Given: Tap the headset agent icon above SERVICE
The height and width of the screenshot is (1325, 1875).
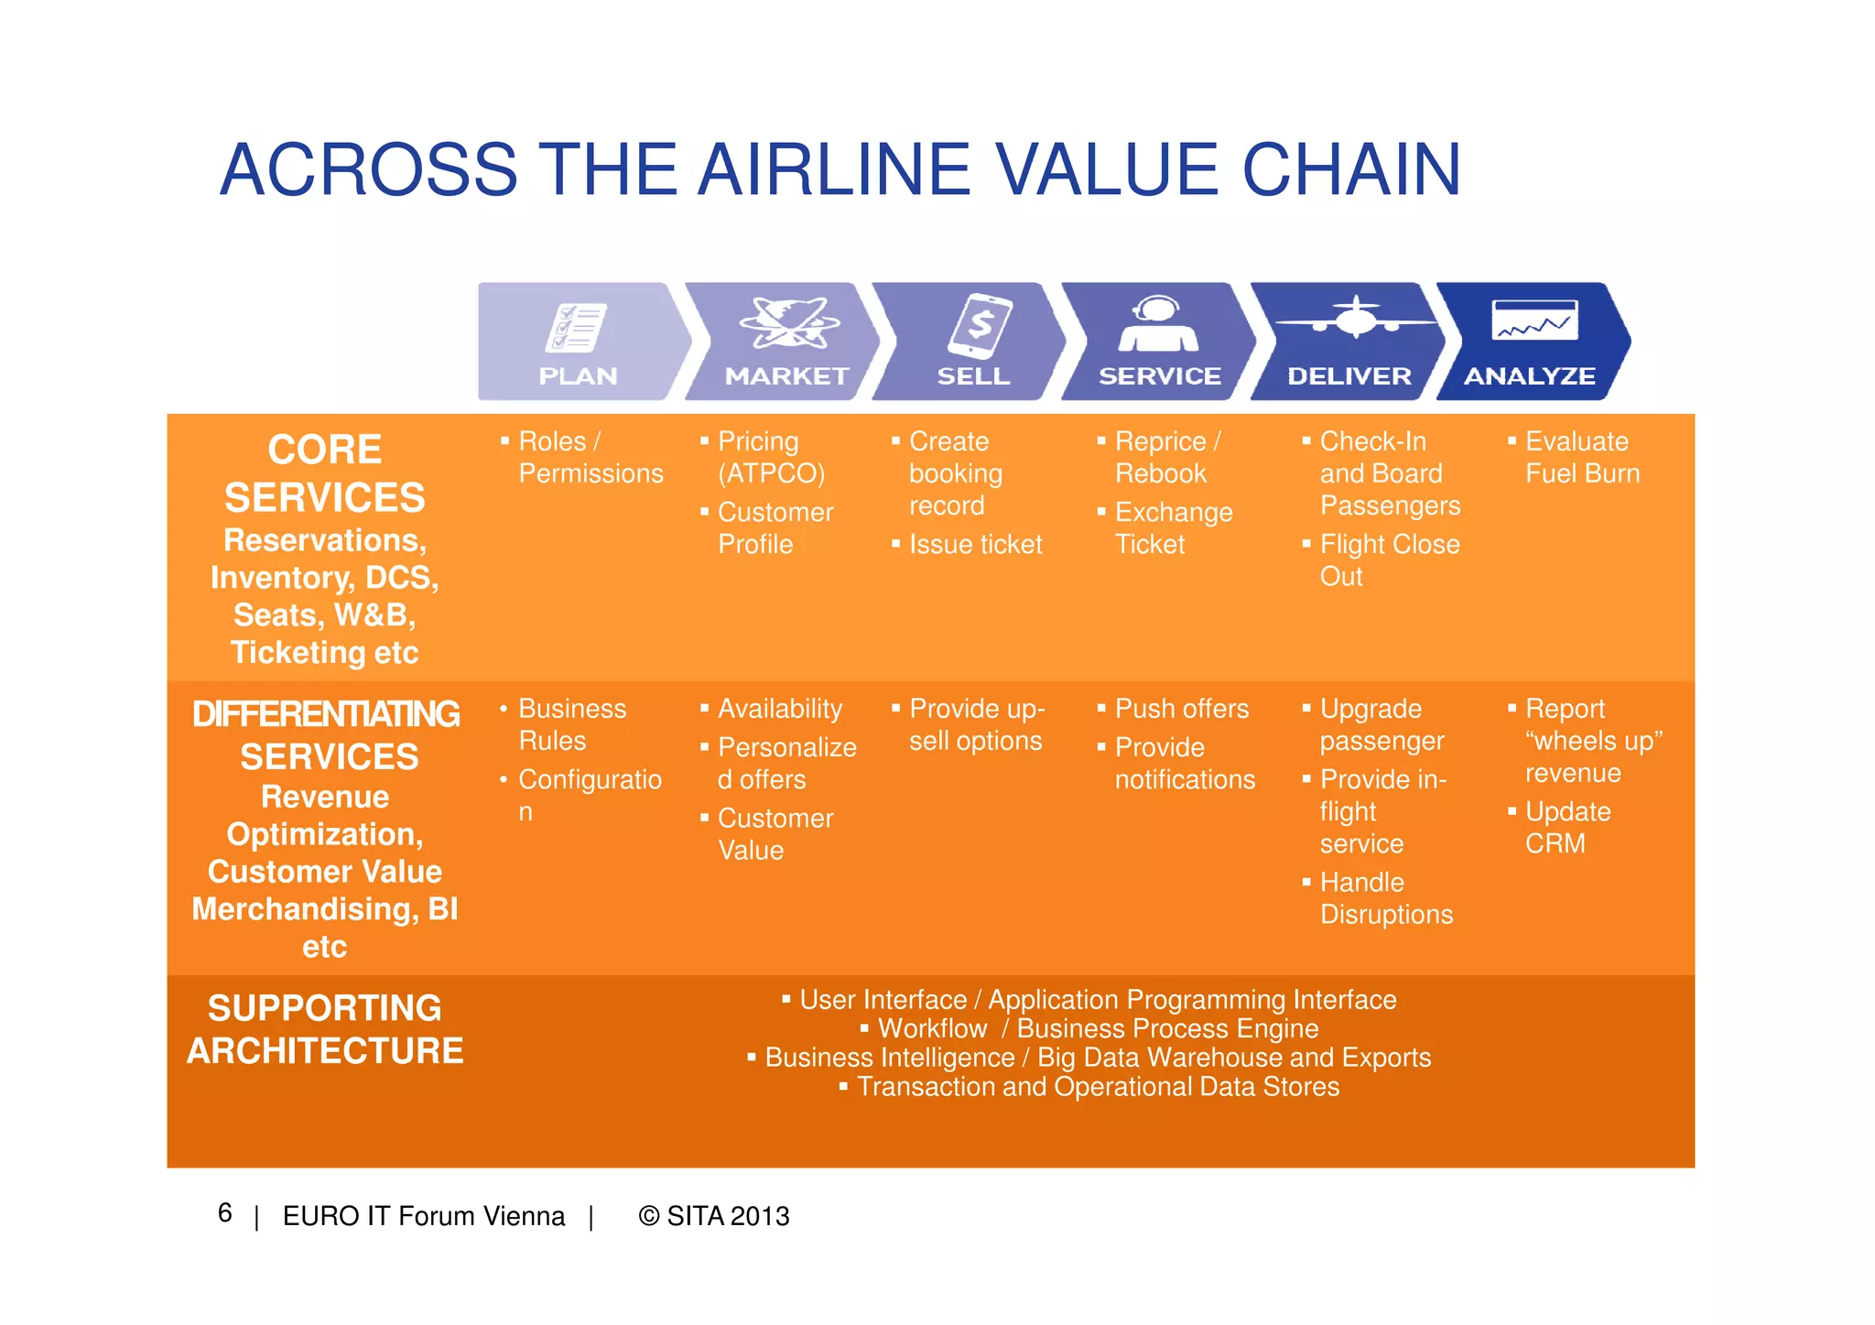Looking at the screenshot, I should pyautogui.click(x=1158, y=324).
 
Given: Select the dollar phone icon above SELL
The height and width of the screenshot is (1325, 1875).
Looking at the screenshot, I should pyautogui.click(x=980, y=326).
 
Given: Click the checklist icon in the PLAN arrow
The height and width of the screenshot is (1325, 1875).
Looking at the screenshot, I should pyautogui.click(x=576, y=328).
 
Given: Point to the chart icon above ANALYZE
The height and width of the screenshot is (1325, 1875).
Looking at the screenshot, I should pyautogui.click(x=1534, y=321).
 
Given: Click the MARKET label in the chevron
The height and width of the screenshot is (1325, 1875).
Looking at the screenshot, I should pyautogui.click(x=786, y=376).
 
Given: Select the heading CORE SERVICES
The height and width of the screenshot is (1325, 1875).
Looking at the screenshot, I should pyautogui.click(x=325, y=474).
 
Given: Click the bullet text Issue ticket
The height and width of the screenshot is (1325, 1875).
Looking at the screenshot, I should pyautogui.click(x=975, y=545).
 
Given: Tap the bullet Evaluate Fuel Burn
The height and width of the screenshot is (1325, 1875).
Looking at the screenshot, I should pyautogui.click(x=1581, y=457).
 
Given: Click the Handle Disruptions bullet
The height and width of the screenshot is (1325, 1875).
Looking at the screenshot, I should pyautogui.click(x=1385, y=898).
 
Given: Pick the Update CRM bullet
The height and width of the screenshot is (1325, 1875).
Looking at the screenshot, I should pyautogui.click(x=1566, y=827).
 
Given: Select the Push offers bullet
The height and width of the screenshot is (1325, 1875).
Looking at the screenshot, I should pyautogui.click(x=1181, y=709).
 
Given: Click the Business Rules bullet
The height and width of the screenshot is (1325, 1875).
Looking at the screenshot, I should pyautogui.click(x=571, y=724).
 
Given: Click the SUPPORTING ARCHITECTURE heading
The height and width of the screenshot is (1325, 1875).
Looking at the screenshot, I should pyautogui.click(x=325, y=1029).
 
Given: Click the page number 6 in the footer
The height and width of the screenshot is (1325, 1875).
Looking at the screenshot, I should pyautogui.click(x=225, y=1213).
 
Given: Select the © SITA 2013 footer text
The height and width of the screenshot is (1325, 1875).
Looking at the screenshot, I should pyautogui.click(x=714, y=1216).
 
